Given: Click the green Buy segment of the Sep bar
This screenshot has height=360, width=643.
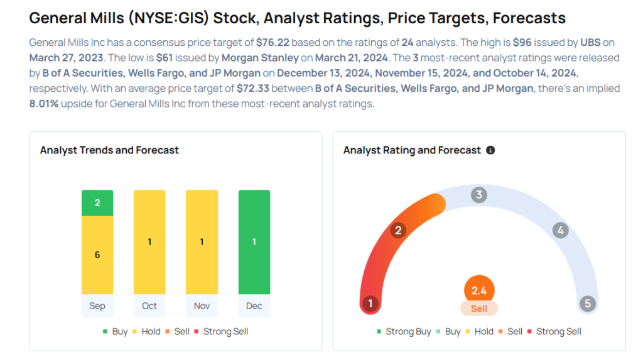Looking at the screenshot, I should [x=97, y=203].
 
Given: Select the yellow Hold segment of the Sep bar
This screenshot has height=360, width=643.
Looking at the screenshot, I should [x=97, y=254].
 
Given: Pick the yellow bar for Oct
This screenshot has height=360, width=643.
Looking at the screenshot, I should [x=149, y=242].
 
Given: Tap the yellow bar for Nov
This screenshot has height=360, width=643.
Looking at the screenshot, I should [x=202, y=242].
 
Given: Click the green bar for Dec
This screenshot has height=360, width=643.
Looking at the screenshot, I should [x=254, y=242].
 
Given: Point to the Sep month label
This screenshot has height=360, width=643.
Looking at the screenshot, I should [x=97, y=306].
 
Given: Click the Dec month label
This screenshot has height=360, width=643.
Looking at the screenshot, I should [x=254, y=306].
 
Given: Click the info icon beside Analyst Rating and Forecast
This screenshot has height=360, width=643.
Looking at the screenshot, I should [x=490, y=150].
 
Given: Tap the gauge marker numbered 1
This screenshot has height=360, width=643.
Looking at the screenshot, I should [x=370, y=304].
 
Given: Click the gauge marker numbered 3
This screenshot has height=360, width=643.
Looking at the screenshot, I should [x=478, y=195].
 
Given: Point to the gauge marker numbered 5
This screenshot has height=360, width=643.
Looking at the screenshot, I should [x=588, y=304].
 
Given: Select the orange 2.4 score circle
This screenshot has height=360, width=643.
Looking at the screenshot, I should [x=479, y=291].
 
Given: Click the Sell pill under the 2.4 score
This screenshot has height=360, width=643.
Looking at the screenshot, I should [x=479, y=308].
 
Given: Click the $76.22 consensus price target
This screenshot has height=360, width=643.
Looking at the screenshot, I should [x=273, y=43].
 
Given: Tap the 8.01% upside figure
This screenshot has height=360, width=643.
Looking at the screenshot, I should [x=44, y=103].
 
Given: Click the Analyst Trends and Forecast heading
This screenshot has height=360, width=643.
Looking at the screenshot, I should [x=109, y=150].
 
